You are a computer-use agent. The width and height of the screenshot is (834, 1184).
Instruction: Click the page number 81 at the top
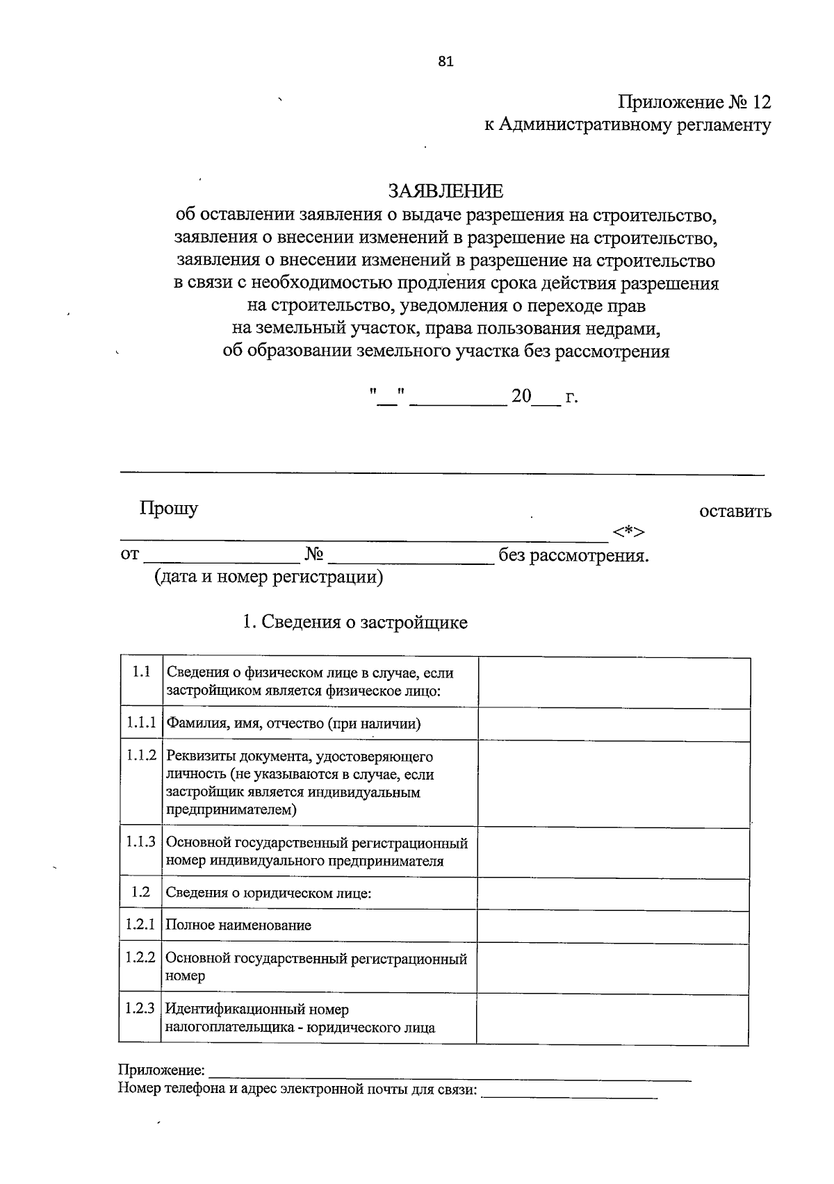445,61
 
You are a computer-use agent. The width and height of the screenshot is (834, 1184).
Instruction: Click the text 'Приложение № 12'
694,102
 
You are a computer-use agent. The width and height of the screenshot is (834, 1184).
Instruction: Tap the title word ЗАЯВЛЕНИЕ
445,190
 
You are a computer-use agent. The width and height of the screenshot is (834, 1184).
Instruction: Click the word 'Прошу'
168,508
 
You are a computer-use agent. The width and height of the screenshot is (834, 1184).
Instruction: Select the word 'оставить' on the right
735,511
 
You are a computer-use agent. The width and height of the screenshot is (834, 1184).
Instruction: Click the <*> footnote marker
629,532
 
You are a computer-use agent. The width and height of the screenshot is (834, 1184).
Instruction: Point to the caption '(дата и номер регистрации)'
268,577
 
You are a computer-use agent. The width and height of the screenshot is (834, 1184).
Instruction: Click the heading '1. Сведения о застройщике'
354,622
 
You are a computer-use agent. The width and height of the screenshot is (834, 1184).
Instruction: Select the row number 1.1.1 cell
140,723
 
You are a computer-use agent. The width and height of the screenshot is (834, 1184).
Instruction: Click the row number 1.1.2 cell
140,755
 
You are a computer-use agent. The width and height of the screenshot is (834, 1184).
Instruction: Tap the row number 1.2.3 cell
140,1008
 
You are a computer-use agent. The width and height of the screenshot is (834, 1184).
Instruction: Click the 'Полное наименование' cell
238,926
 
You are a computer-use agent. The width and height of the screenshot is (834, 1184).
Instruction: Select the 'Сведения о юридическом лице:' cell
268,893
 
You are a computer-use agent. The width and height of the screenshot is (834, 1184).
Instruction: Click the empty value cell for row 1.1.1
614,724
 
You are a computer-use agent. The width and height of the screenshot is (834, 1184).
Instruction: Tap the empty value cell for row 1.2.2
612,967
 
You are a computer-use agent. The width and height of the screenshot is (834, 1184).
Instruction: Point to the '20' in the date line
521,397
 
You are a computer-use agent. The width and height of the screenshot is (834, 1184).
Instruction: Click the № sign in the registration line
314,554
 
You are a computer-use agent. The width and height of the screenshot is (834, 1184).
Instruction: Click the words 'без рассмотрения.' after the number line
574,556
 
